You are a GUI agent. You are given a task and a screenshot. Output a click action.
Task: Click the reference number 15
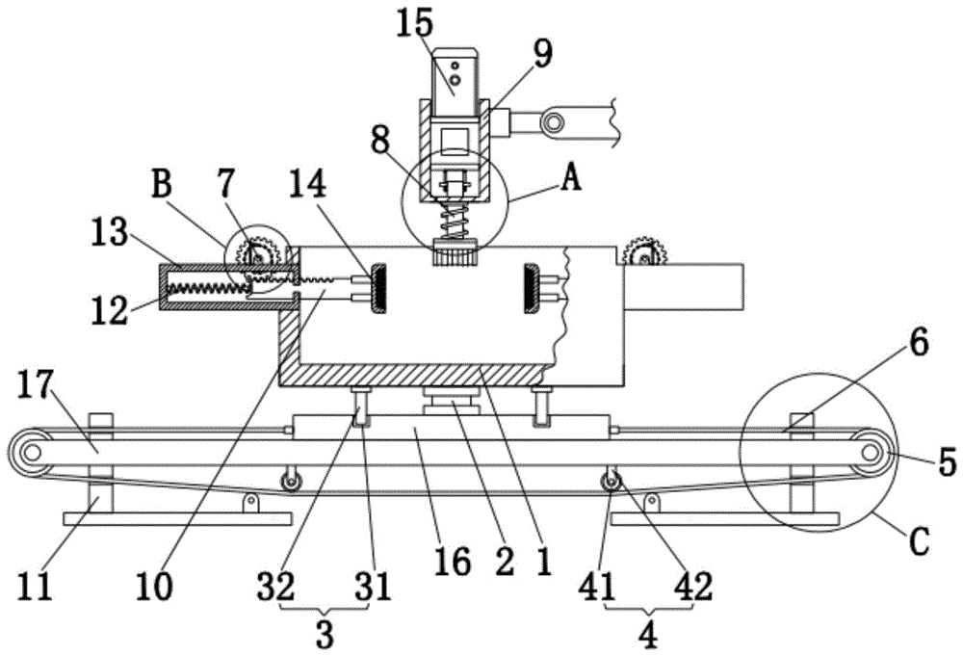point(415,23)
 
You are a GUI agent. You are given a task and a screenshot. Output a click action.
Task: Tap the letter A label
point(571,179)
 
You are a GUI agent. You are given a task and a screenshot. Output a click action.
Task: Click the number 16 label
point(452,562)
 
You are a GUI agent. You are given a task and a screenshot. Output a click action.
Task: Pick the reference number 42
point(693,586)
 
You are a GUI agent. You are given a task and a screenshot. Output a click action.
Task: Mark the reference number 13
point(110,233)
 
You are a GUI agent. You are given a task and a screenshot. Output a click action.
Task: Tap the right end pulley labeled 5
point(870,452)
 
